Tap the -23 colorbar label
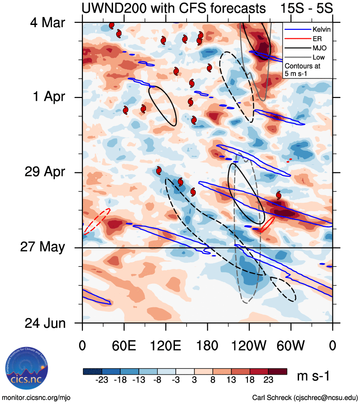(102, 381)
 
